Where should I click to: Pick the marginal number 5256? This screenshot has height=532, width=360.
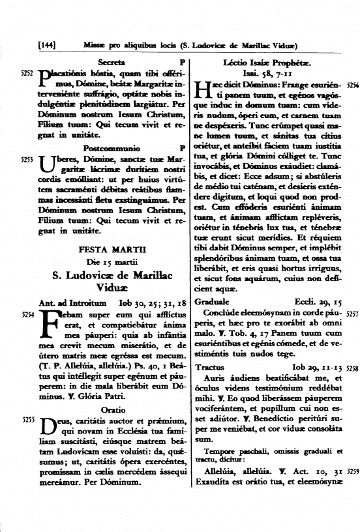352,85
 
